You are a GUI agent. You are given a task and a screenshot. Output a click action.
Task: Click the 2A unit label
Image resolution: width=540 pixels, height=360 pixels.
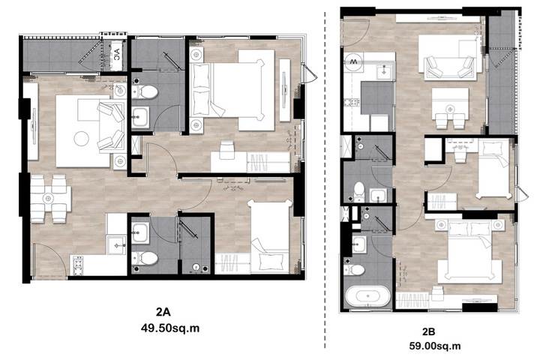pyautogui.click(x=163, y=312)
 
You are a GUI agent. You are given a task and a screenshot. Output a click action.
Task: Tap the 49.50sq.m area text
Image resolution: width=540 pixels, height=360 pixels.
pyautogui.click(x=170, y=328)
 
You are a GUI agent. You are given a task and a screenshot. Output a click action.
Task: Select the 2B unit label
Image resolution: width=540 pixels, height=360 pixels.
pyautogui.click(x=428, y=331)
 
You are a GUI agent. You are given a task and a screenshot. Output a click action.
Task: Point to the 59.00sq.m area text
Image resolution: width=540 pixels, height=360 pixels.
pyautogui.click(x=435, y=346)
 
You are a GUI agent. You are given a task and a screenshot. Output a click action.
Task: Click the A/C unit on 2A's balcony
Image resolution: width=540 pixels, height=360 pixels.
pyautogui.click(x=117, y=55)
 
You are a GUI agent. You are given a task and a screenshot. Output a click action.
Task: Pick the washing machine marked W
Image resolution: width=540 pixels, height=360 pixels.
pyautogui.click(x=353, y=62)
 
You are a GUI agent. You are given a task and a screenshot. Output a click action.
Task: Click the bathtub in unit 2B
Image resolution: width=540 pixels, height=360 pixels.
pyautogui.click(x=367, y=296)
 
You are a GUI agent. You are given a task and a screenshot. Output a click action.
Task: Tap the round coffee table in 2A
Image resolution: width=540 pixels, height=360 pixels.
pyautogui.click(x=81, y=139)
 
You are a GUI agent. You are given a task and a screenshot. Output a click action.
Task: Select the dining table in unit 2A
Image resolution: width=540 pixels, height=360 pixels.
pyautogui.click(x=51, y=199)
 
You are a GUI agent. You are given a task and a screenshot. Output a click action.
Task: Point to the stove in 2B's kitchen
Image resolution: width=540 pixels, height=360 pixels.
pyautogui.click(x=352, y=102)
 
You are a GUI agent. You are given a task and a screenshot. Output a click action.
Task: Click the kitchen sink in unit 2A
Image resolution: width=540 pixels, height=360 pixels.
pyautogui.click(x=116, y=245)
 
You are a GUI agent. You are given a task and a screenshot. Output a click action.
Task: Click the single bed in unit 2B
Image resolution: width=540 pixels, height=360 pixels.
pyautogui.click(x=493, y=169)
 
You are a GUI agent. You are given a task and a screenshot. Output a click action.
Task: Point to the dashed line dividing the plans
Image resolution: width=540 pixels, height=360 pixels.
pyautogui.click(x=325, y=179)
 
